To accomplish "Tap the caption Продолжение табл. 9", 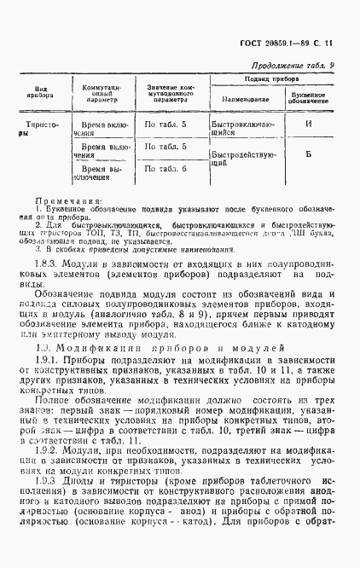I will coord(293,66).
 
